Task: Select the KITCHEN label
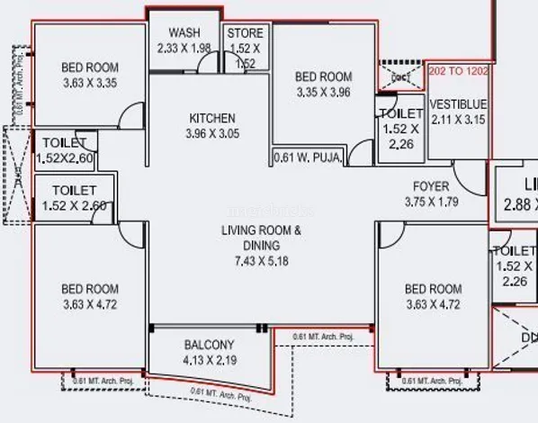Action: [212, 118]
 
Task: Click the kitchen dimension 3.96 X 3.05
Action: [212, 134]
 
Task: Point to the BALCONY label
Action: [209, 345]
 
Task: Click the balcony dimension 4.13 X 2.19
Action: [209, 360]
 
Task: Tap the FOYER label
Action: [431, 186]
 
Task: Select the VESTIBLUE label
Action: [458, 102]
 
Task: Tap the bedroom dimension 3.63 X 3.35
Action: [89, 83]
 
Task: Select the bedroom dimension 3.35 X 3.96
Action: [323, 92]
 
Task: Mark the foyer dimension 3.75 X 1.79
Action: [431, 202]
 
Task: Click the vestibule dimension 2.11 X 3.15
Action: [458, 117]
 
